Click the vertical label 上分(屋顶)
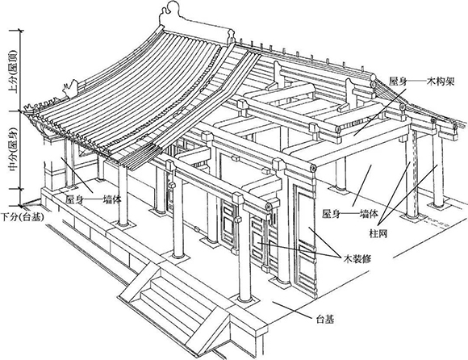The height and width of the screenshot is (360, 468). pyautogui.click(x=13, y=72)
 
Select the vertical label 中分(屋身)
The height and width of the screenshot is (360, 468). pyautogui.click(x=13, y=150)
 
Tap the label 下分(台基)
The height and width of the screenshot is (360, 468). pyautogui.click(x=23, y=217)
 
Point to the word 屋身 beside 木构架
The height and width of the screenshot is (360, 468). pyautogui.click(x=398, y=82)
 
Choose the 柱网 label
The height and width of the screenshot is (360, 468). pyautogui.click(x=378, y=233)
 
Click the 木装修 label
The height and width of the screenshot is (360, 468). pyautogui.click(x=357, y=258)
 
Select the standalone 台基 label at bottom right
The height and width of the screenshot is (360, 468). pyautogui.click(x=325, y=320)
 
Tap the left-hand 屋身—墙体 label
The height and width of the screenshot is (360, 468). pyautogui.click(x=94, y=199)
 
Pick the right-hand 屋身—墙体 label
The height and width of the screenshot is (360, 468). pyautogui.click(x=350, y=214)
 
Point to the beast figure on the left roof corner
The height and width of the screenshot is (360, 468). pyautogui.click(x=71, y=89)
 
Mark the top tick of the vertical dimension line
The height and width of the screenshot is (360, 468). pyautogui.click(x=20, y=30)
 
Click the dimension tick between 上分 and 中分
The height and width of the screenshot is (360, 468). pyautogui.click(x=20, y=111)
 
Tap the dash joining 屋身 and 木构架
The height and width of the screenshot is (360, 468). pyautogui.click(x=416, y=82)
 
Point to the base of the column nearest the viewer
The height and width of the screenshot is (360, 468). pyautogui.click(x=245, y=299)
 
